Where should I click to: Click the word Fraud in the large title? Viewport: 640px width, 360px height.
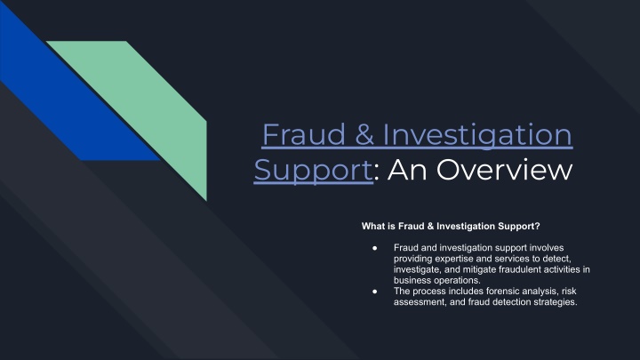coord(304,134)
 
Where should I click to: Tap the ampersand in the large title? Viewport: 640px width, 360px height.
coord(364,135)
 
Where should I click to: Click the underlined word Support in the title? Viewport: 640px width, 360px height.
coord(313,171)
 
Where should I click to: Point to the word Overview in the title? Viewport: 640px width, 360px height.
coord(505,170)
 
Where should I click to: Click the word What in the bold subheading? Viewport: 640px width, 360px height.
coord(372,226)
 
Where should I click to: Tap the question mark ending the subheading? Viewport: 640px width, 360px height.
coord(537,226)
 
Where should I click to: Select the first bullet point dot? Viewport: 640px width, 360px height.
coord(375,248)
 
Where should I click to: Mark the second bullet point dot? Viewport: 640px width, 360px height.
coord(375,292)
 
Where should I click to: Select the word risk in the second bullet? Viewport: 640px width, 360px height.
coord(569,292)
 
